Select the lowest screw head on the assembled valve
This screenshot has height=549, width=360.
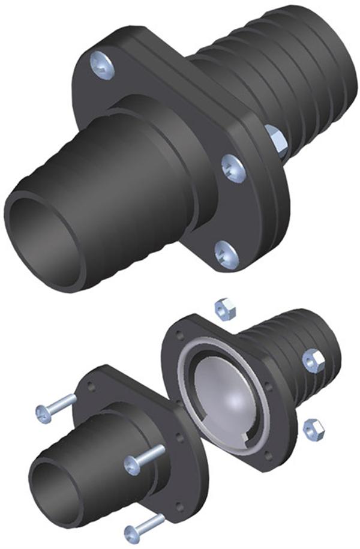[227, 253]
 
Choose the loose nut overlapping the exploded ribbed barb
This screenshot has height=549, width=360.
[314, 361]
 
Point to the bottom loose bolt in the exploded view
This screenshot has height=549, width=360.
[144, 526]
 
